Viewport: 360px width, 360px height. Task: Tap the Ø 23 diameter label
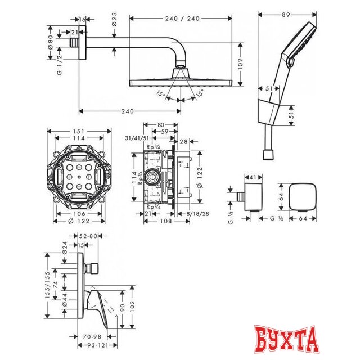click(115, 25)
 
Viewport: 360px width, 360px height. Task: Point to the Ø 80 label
click(51, 41)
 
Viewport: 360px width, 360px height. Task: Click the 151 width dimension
click(79, 131)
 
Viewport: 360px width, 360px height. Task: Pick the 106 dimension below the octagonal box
click(79, 213)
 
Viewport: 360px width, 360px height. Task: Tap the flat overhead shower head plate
click(181, 82)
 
